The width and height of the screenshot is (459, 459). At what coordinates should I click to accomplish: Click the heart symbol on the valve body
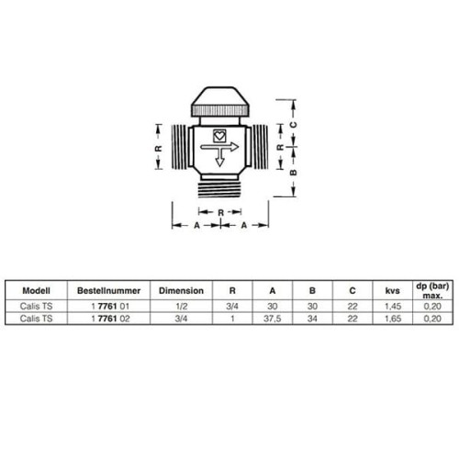pyautogui.click(x=219, y=136)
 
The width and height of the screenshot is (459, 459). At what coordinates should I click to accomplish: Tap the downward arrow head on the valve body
pyautogui.click(x=219, y=162)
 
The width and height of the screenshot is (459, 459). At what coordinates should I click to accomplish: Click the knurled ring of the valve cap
pyautogui.click(x=220, y=110)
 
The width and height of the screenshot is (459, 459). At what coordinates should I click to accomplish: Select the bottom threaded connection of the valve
pyautogui.click(x=219, y=189)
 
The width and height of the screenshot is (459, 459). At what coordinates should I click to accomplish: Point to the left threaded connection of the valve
pyautogui.click(x=179, y=147)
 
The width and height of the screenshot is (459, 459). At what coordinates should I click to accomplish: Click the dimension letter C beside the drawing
pyautogui.click(x=293, y=125)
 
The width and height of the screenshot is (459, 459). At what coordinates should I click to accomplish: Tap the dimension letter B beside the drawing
pyautogui.click(x=293, y=173)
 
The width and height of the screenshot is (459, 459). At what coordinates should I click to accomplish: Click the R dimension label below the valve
pyautogui.click(x=220, y=212)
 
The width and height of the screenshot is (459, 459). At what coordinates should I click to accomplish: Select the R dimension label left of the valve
pyautogui.click(x=158, y=149)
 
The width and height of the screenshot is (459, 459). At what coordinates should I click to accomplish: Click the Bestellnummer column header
pyautogui.click(x=108, y=290)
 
